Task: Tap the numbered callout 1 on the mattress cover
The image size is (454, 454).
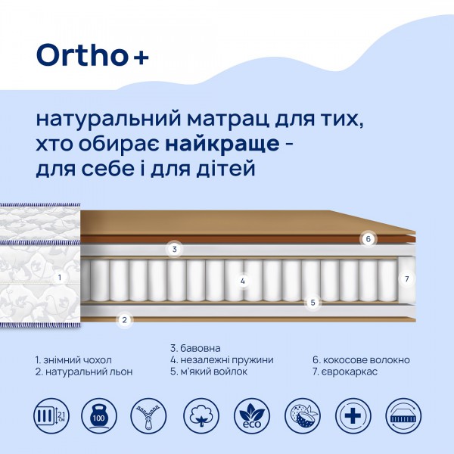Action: coord(59,277)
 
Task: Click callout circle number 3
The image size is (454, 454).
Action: coord(174,249)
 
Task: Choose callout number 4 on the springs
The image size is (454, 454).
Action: coord(243,281)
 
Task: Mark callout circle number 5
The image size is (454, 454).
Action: coord(312,303)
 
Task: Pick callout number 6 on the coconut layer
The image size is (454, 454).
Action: coord(368,239)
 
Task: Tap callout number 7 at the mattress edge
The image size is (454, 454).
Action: coord(406,279)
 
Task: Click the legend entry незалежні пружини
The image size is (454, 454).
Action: coord(222,360)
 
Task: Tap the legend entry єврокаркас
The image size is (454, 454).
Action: coord(350,372)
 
